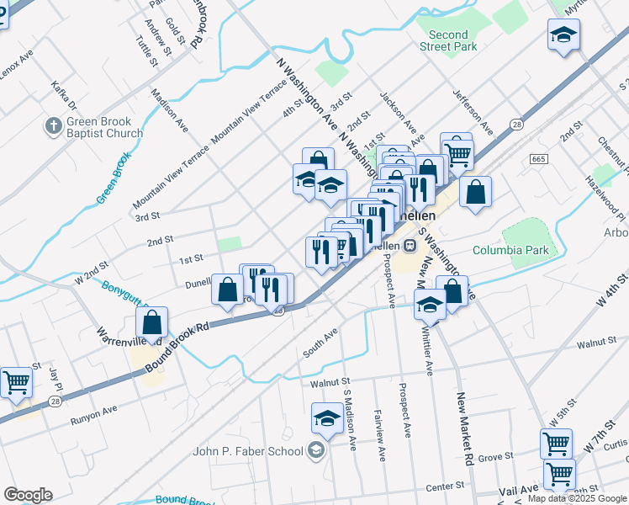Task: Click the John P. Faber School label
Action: click(247, 451)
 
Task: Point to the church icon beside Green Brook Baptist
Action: click(52, 127)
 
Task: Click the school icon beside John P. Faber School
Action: click(315, 451)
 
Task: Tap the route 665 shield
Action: click(540, 159)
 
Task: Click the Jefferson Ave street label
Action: click(473, 112)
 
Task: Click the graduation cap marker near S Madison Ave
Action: click(327, 417)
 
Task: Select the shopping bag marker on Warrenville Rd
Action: click(151, 322)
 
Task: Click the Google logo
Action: click(29, 495)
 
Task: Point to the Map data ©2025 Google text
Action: click(577, 498)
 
